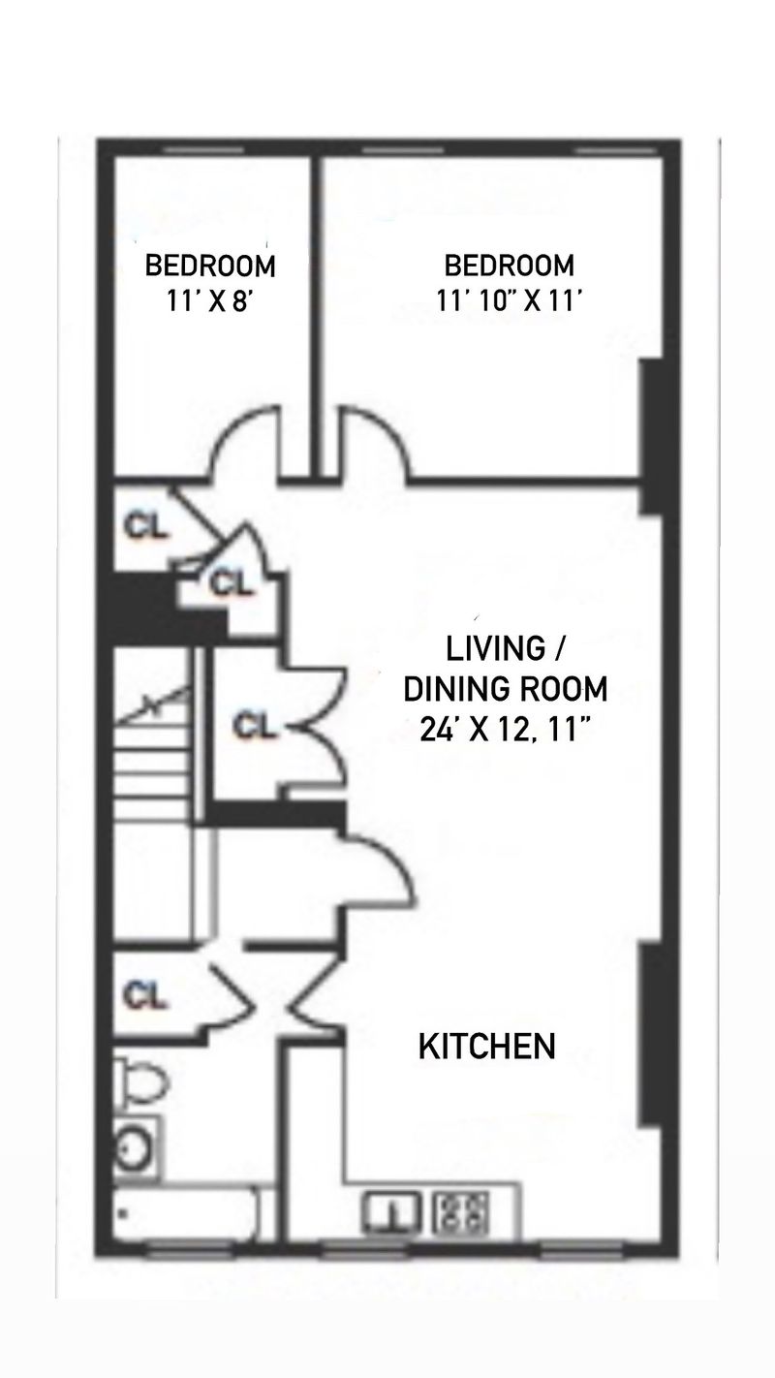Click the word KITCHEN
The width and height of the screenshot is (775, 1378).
click(x=486, y=1047)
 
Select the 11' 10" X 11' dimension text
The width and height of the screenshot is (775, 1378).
click(x=510, y=301)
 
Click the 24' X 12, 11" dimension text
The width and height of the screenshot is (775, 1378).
click(x=505, y=731)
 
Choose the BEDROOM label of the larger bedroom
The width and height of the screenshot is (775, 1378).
click(x=510, y=266)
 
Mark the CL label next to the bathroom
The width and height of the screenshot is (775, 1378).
click(x=144, y=995)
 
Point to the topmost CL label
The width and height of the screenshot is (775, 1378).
click(x=144, y=526)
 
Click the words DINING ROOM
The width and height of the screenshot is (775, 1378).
click(x=505, y=689)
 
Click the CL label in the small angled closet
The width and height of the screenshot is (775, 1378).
click(x=231, y=582)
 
